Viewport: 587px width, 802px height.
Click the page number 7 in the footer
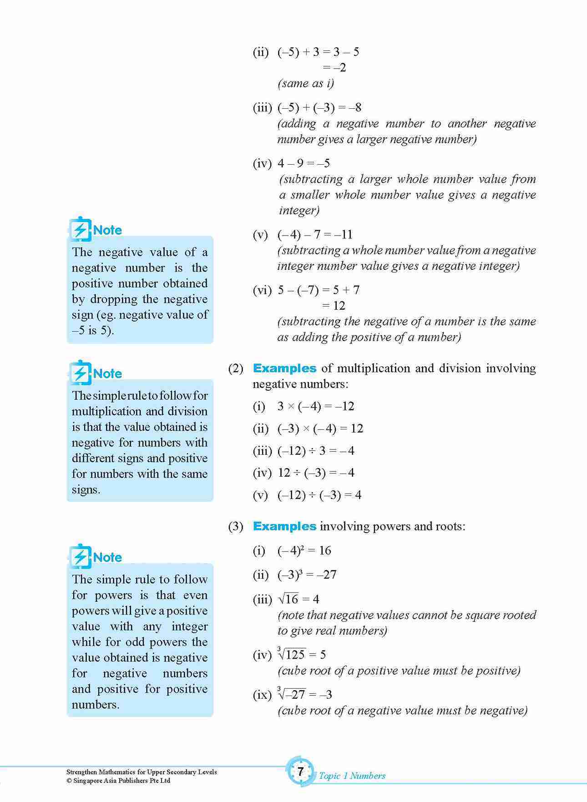coord(300,771)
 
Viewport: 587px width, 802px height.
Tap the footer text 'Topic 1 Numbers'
coord(352,776)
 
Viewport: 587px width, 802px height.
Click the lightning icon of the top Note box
coord(80,230)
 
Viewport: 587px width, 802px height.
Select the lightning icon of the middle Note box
coord(80,373)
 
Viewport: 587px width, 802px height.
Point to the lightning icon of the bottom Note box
coord(80,557)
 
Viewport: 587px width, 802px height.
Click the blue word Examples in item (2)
coord(284,368)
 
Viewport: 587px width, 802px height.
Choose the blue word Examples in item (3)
coord(284,526)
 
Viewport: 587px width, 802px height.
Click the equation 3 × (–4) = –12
coord(315,406)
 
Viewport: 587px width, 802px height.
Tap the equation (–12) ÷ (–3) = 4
coord(319,495)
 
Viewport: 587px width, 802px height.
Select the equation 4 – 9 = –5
coord(304,163)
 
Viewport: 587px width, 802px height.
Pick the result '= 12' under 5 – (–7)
coord(334,306)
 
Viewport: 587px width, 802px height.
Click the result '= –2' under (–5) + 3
coord(334,68)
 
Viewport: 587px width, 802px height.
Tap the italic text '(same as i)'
coord(305,83)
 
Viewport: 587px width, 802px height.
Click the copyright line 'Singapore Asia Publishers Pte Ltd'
coord(118,781)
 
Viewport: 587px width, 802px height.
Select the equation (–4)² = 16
coord(304,550)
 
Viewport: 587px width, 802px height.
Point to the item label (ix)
coord(262,695)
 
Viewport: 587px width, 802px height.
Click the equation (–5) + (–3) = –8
coord(319,108)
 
